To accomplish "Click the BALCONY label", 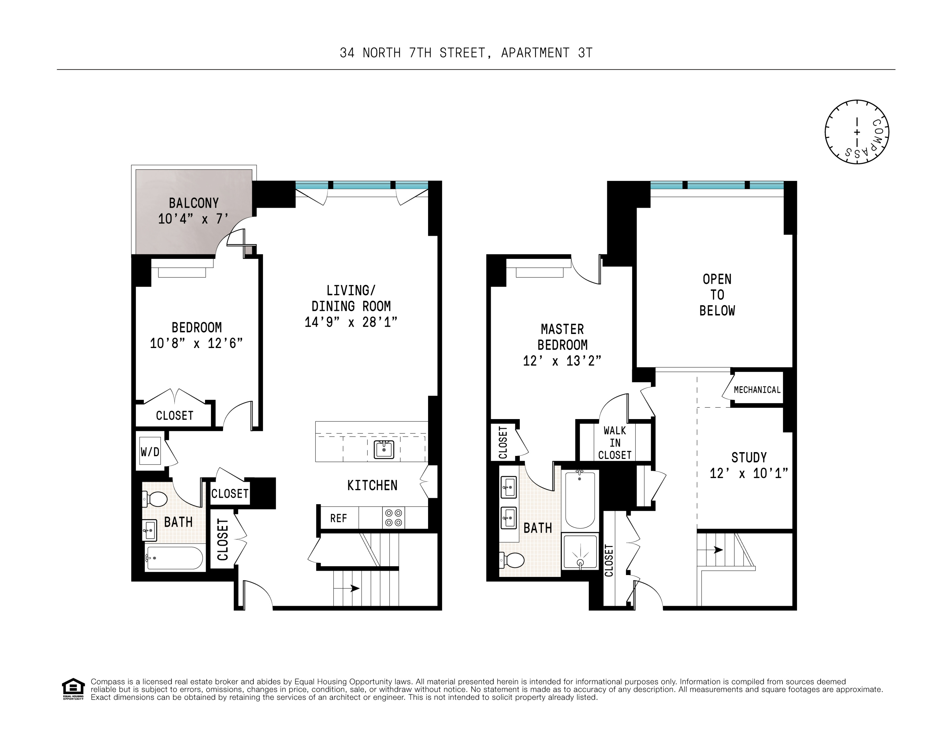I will point(194,203).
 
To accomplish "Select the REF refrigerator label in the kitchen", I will point(339,518).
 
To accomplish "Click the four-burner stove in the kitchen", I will point(393,518).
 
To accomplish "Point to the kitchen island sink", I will point(384,449).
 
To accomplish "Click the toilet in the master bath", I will point(511,560).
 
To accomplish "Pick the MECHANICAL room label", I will point(757,390).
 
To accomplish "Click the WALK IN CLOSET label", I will point(615,443).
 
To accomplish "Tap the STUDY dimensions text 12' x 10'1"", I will point(749,473).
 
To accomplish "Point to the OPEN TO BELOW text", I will point(717,295).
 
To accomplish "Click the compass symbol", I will point(856,132).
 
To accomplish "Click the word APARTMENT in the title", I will point(535,53).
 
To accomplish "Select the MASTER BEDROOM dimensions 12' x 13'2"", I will point(562,361).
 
